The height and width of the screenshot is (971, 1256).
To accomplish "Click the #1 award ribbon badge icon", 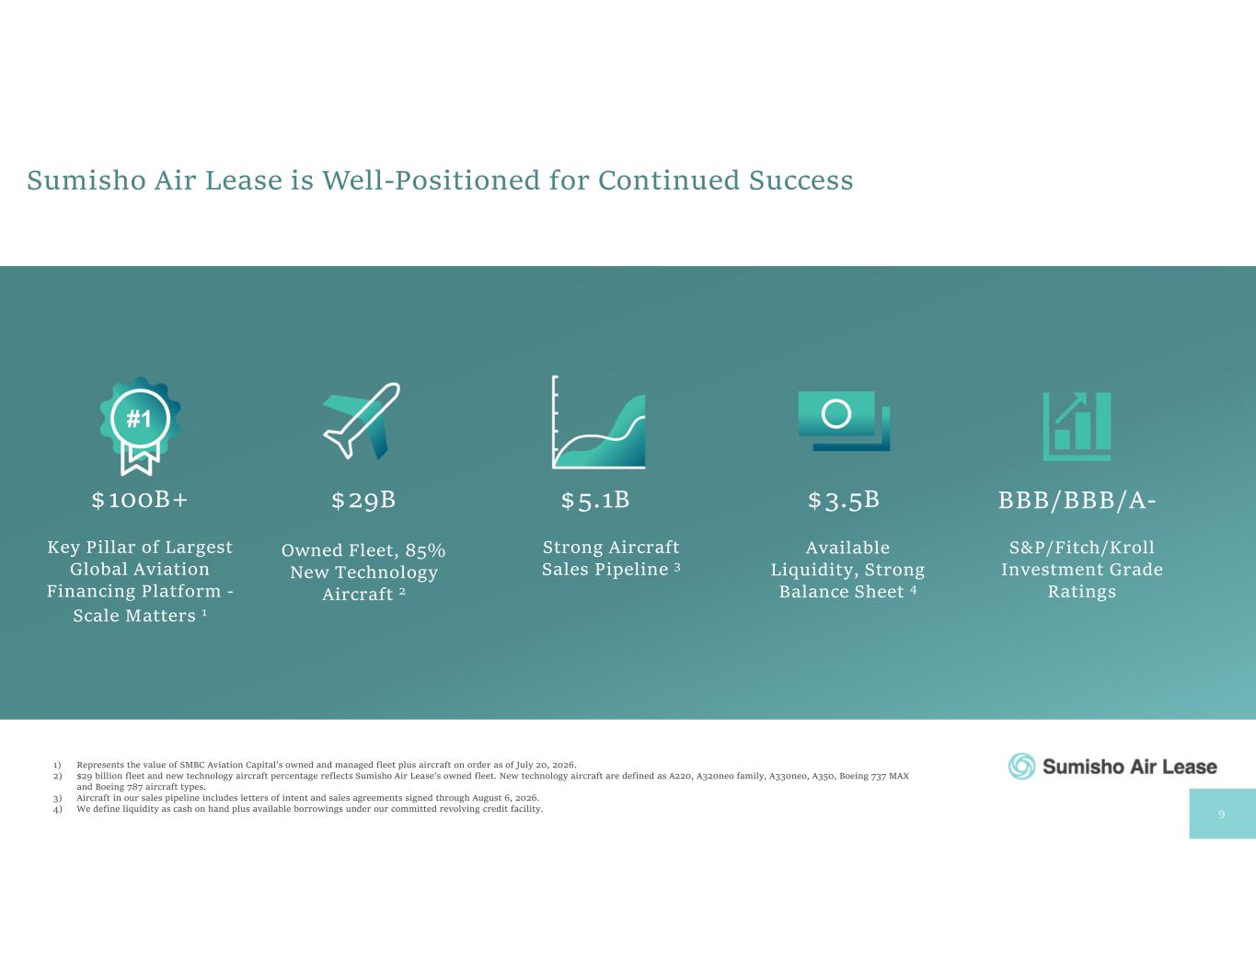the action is pyautogui.click(x=140, y=426).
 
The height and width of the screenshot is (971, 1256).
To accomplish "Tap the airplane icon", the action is pyautogui.click(x=362, y=421).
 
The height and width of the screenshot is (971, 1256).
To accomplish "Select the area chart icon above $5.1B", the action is pyautogui.click(x=598, y=422).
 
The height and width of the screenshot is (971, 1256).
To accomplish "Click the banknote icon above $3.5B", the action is pyautogui.click(x=844, y=421).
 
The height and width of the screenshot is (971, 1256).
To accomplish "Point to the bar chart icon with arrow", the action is pyautogui.click(x=1077, y=426).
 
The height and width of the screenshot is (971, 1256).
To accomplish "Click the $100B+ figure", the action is pyautogui.click(x=140, y=500).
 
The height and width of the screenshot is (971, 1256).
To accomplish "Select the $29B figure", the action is pyautogui.click(x=363, y=501).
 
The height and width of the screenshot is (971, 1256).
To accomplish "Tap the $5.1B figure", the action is pyautogui.click(x=595, y=501).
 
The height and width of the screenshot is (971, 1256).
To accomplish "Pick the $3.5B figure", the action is pyautogui.click(x=844, y=501).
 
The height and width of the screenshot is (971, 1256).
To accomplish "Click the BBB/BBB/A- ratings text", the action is pyautogui.click(x=1077, y=501).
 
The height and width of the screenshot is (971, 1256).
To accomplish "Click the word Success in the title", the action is pyautogui.click(x=801, y=180).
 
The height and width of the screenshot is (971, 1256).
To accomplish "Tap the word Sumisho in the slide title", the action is pyautogui.click(x=86, y=180).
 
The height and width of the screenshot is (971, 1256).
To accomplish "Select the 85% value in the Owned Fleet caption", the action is pyautogui.click(x=425, y=550).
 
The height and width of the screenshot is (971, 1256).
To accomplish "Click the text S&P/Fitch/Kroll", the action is pyautogui.click(x=1081, y=548).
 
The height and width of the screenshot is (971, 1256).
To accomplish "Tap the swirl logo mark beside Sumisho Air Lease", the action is pyautogui.click(x=1021, y=767).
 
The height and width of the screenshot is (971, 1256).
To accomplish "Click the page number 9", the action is pyautogui.click(x=1221, y=815).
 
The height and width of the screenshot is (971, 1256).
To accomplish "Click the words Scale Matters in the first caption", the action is pyautogui.click(x=134, y=616).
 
